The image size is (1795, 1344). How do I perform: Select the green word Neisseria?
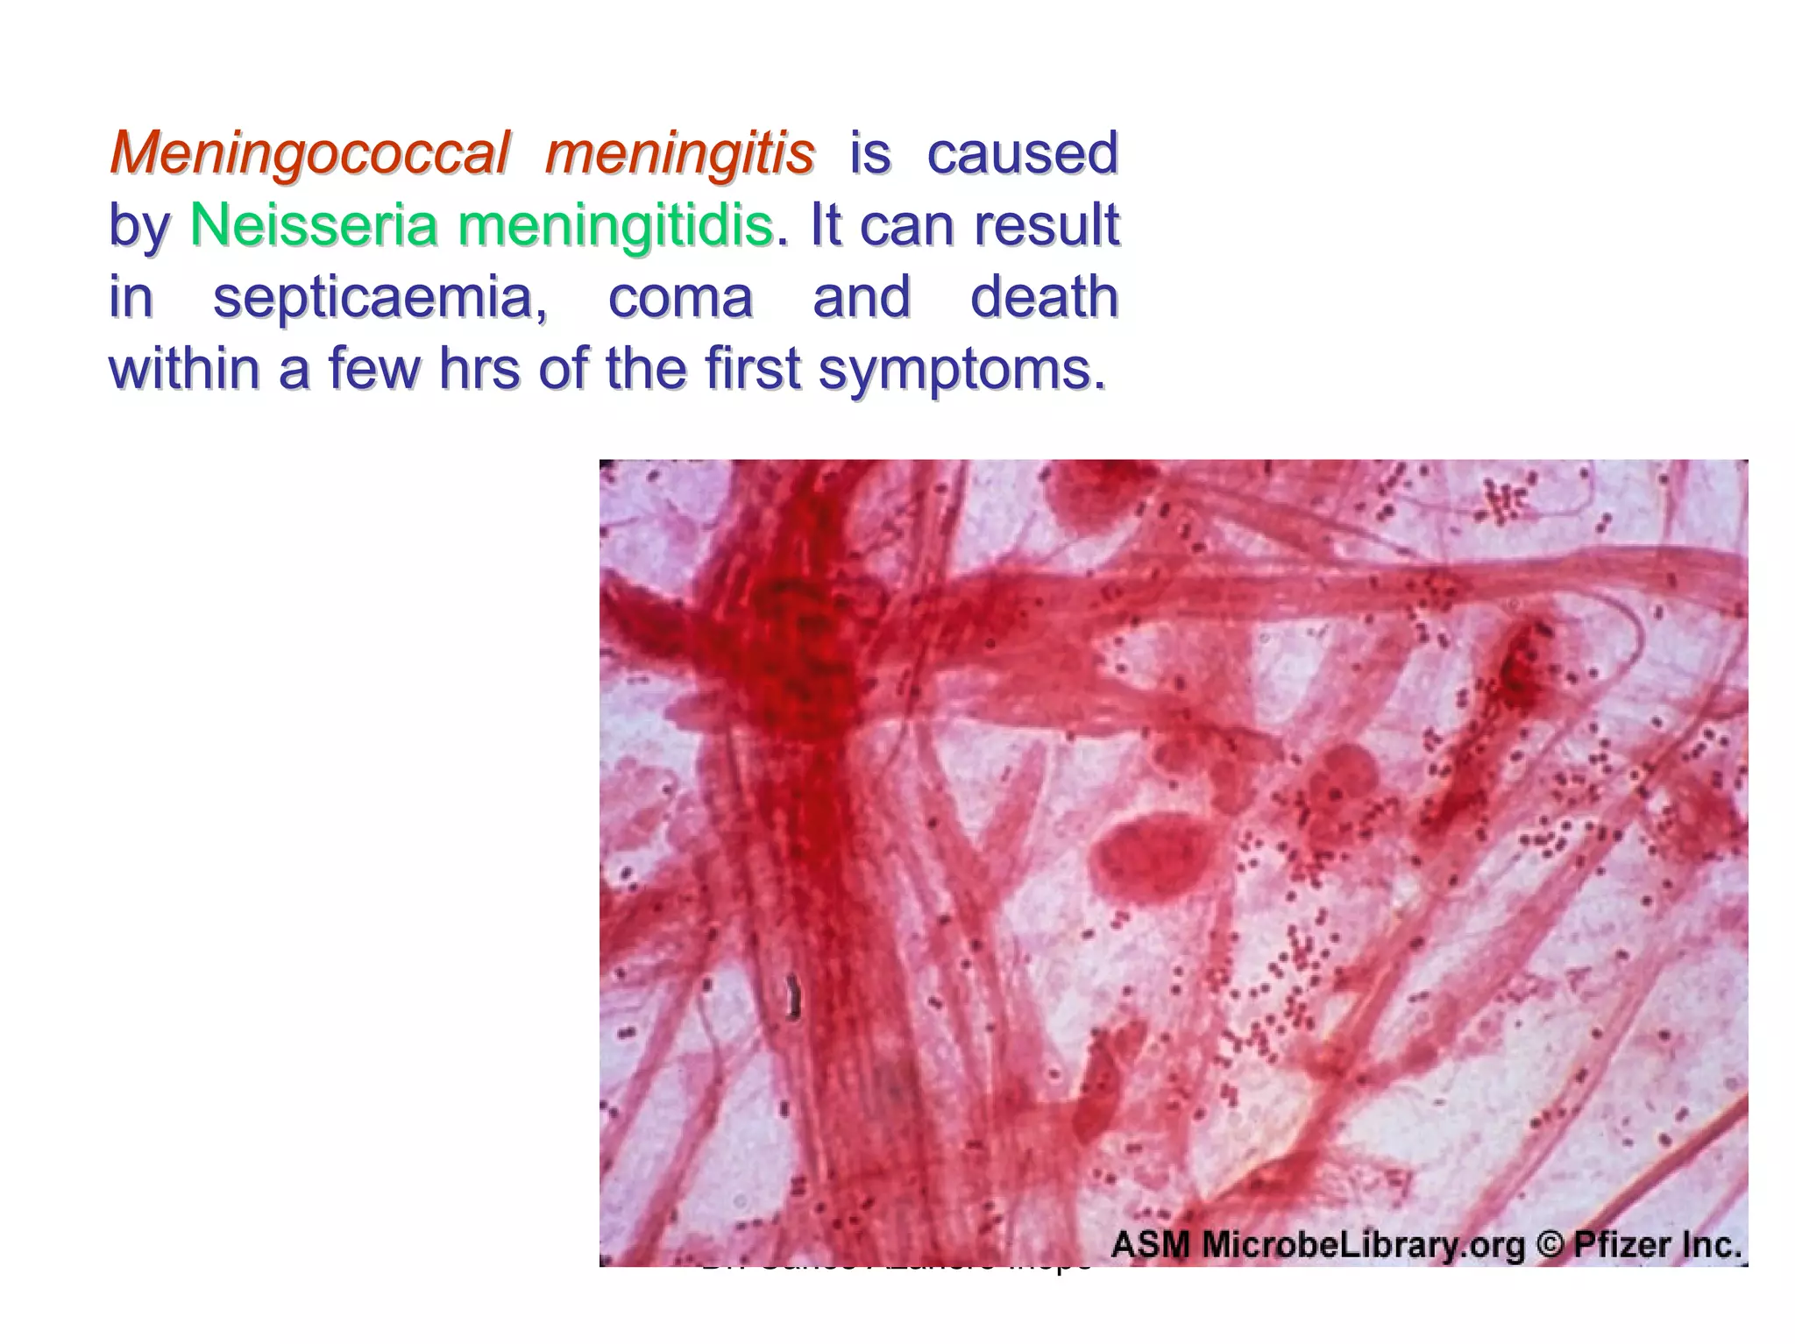point(313,226)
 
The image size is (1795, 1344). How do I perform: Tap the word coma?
point(680,298)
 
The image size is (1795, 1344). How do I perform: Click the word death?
point(1044,298)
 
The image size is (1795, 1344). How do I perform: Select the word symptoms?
point(961,371)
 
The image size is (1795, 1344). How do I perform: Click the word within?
point(184,371)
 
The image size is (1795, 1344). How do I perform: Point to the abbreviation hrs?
point(480,371)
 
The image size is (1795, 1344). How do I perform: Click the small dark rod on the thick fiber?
point(793,997)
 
